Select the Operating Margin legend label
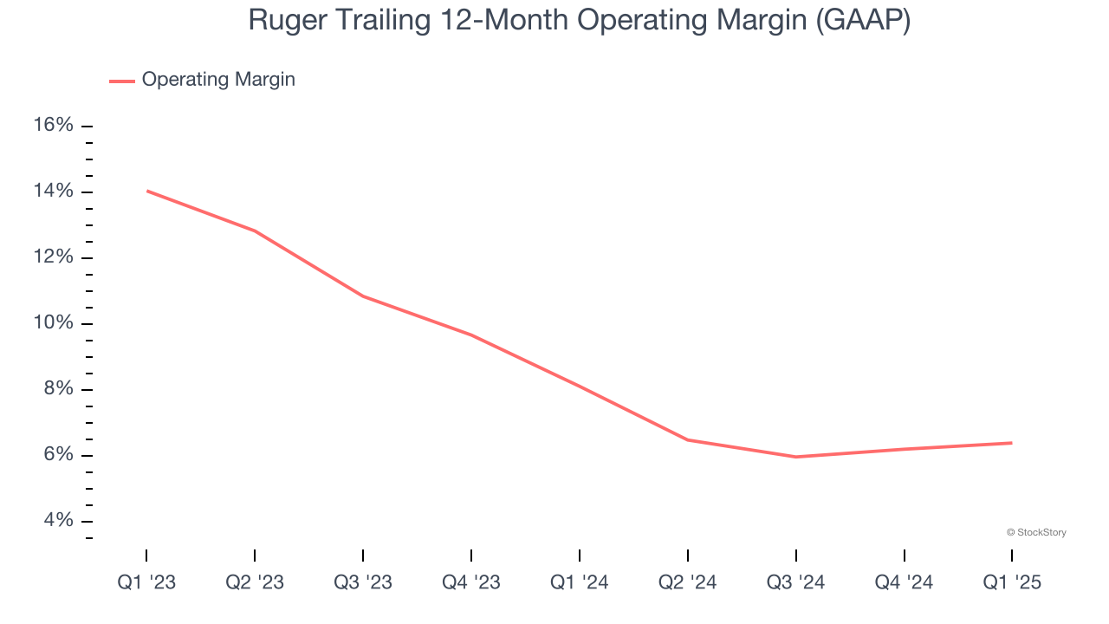[x=218, y=80]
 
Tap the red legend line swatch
[x=122, y=81]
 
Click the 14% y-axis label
[x=53, y=192]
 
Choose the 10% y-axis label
[x=53, y=323]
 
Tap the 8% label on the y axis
[x=58, y=389]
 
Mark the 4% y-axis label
[x=58, y=521]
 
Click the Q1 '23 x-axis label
[x=146, y=582]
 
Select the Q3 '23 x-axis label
[x=363, y=582]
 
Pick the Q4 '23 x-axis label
[x=471, y=582]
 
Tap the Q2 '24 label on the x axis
[x=688, y=582]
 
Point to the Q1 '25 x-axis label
[x=1012, y=582]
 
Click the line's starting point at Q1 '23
[x=146, y=191]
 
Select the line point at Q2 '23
[x=255, y=231]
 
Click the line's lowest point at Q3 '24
[x=796, y=457]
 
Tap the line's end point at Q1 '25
[x=1012, y=443]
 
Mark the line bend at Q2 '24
[x=688, y=439]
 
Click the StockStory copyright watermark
[x=1036, y=532]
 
